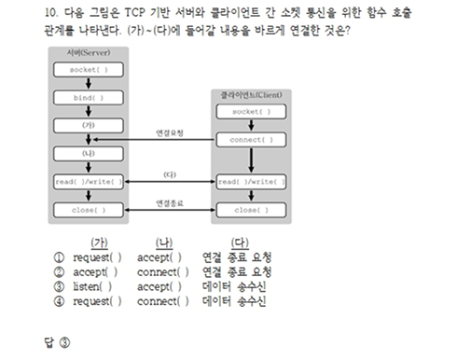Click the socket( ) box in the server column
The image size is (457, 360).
click(x=88, y=70)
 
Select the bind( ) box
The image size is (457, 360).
click(x=88, y=97)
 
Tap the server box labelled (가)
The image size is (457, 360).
click(x=88, y=124)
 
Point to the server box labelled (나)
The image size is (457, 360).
click(x=88, y=152)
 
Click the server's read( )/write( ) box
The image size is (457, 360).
click(x=88, y=182)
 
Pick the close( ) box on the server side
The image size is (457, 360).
click(x=88, y=210)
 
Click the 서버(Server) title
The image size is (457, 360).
click(x=89, y=52)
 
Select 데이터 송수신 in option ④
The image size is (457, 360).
click(x=233, y=302)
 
